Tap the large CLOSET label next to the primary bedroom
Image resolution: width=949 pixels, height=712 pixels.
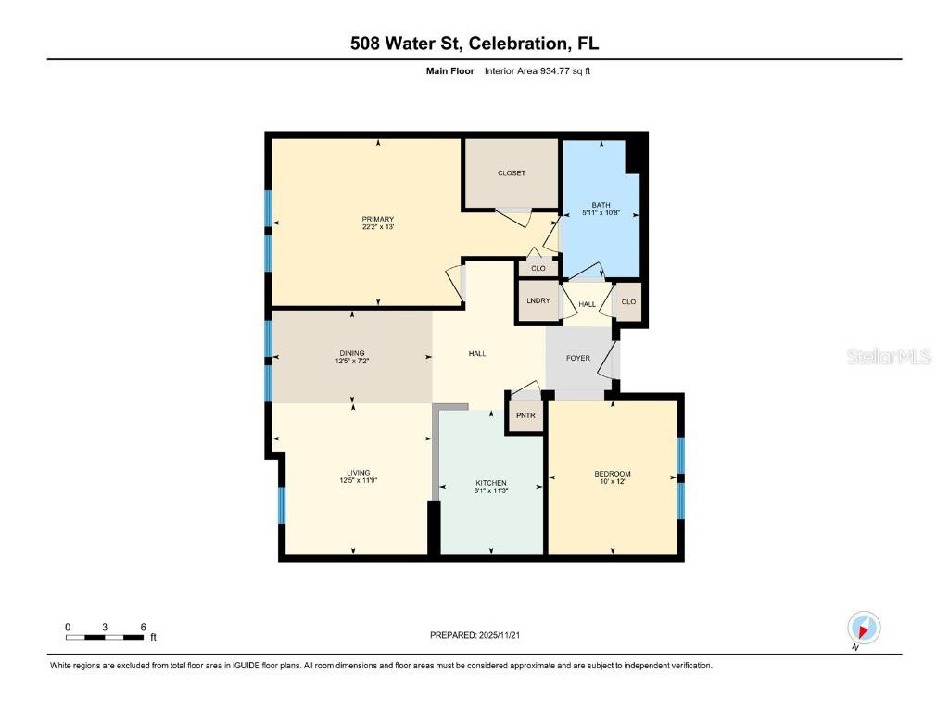pyautogui.click(x=512, y=173)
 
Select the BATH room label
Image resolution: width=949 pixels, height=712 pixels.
pyautogui.click(x=601, y=205)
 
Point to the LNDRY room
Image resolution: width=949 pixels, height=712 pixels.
pyautogui.click(x=538, y=301)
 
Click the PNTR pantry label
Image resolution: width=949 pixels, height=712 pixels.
pyautogui.click(x=526, y=416)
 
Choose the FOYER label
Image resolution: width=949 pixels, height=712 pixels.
pyautogui.click(x=578, y=358)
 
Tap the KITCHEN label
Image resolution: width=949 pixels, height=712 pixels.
pyautogui.click(x=490, y=484)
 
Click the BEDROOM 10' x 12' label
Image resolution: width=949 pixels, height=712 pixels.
pyautogui.click(x=613, y=475)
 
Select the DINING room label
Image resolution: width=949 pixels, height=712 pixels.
pyautogui.click(x=351, y=353)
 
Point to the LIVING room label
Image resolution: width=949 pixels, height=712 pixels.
pyautogui.click(x=352, y=474)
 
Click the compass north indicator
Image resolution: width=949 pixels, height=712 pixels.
pyautogui.click(x=864, y=629)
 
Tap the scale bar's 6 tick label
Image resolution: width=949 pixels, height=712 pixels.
pyautogui.click(x=144, y=628)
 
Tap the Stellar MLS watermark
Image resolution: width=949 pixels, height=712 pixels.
pyautogui.click(x=888, y=357)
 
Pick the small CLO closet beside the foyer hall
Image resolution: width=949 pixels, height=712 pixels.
pyautogui.click(x=628, y=301)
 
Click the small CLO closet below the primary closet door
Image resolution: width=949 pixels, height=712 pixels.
pyautogui.click(x=538, y=269)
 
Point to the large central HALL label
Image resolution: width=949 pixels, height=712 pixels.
pyautogui.click(x=477, y=353)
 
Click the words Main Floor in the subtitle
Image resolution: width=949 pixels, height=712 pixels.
pyautogui.click(x=444, y=70)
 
